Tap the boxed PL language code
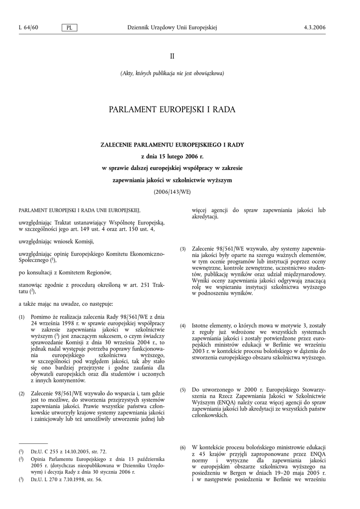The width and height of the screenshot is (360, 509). [69, 28]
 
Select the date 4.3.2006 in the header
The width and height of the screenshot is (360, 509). [314, 27]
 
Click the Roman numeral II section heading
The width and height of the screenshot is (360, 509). [172, 56]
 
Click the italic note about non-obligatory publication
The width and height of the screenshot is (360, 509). [172, 74]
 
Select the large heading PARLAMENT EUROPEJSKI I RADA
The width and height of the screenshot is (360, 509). [172, 109]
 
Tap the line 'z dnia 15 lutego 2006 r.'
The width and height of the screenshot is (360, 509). [172, 156]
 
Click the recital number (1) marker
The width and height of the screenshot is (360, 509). [22, 317]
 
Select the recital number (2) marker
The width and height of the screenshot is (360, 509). [22, 394]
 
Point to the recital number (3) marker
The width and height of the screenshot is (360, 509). [182, 249]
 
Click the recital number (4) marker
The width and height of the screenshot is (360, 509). [182, 326]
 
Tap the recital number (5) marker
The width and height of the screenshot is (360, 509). [182, 390]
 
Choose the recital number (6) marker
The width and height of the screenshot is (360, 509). [182, 448]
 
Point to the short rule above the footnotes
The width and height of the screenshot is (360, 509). [33, 443]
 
